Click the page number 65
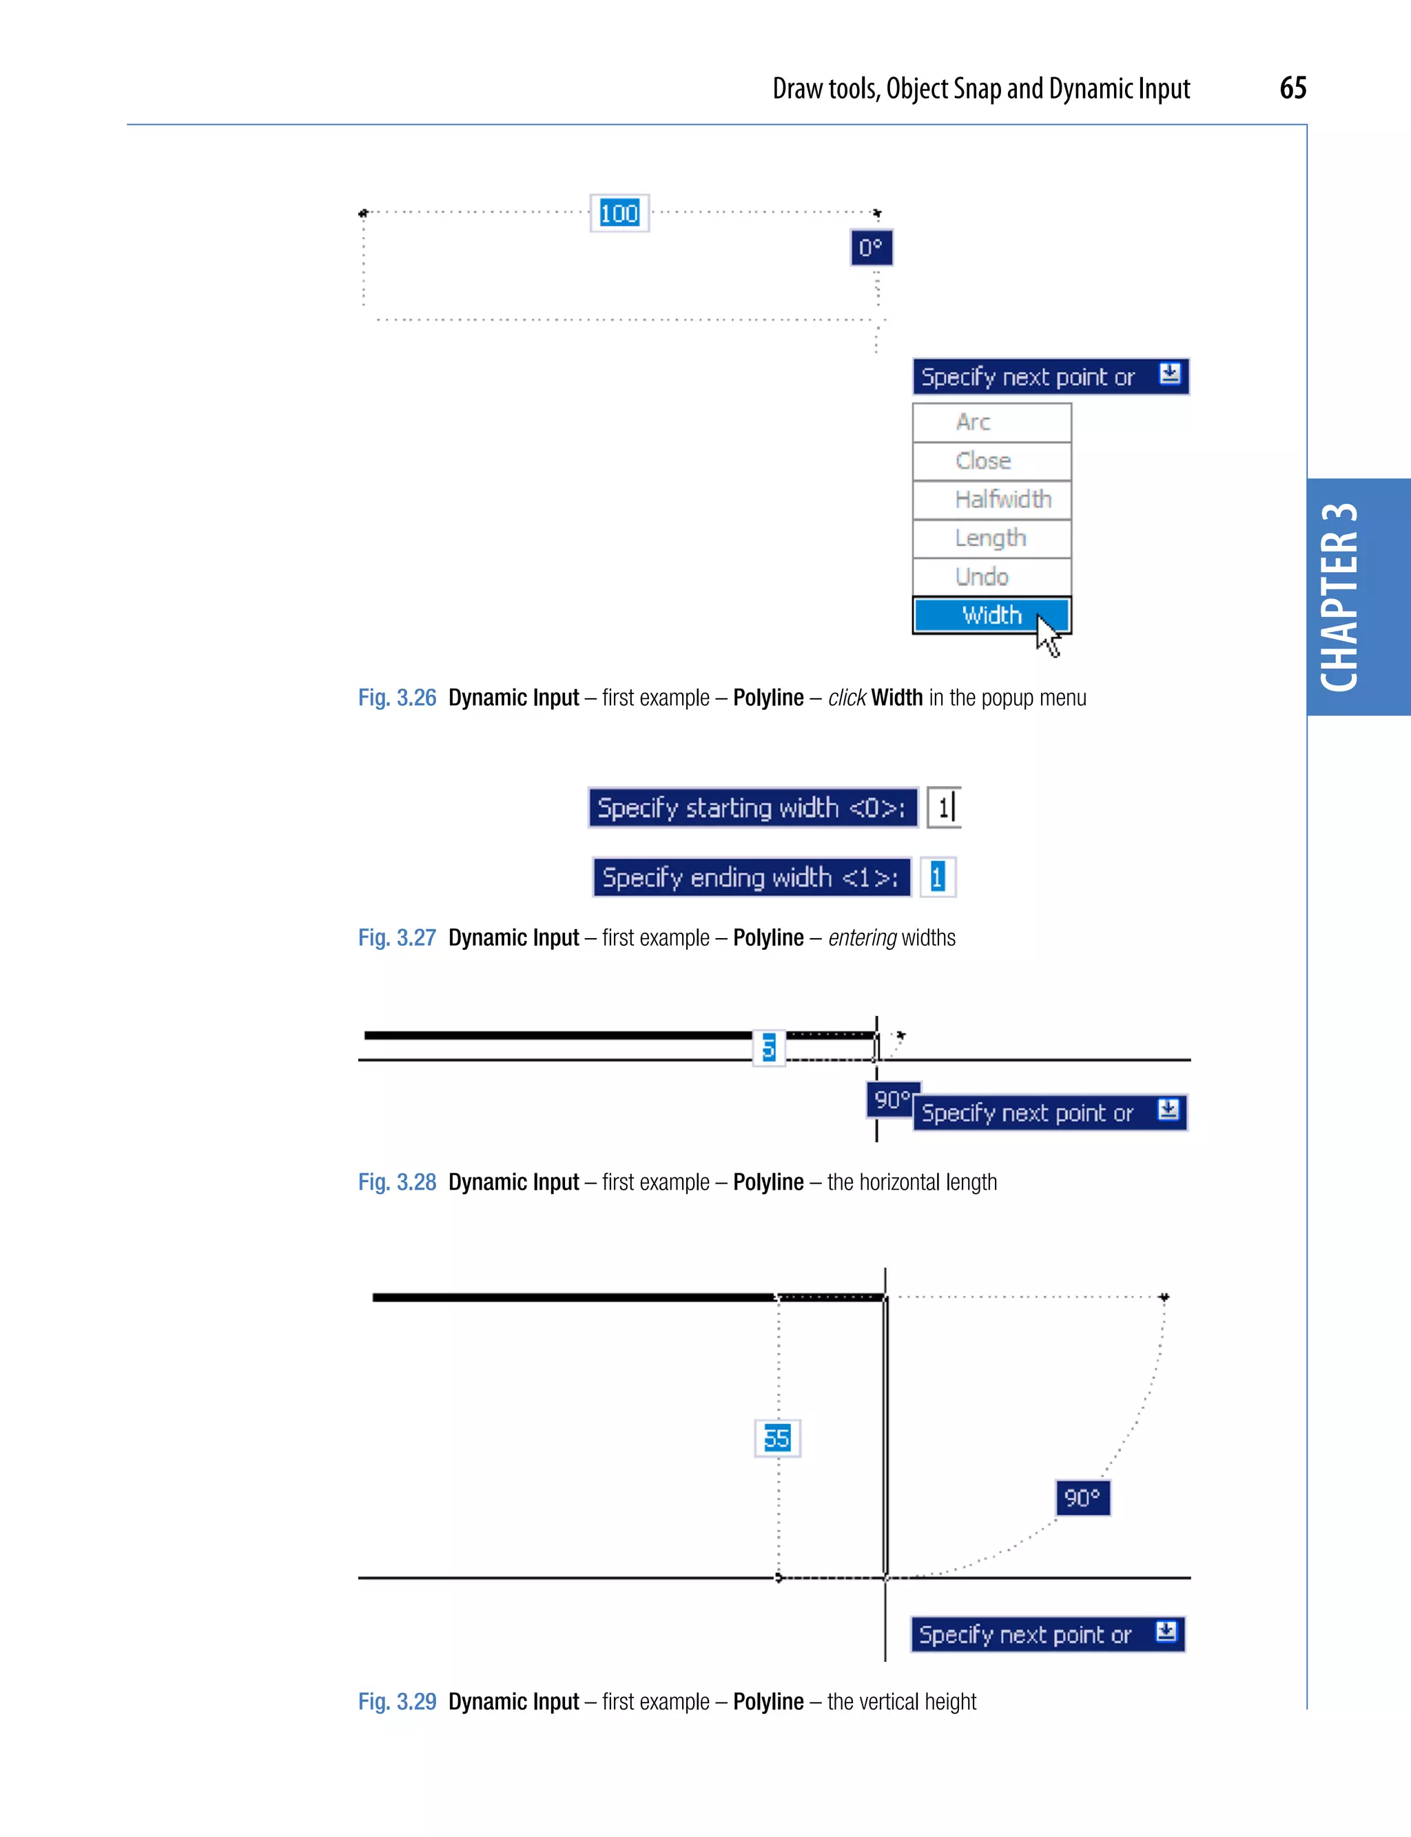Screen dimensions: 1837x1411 coord(1292,88)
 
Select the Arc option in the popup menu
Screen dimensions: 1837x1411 coord(991,422)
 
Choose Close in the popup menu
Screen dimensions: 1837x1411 coord(991,460)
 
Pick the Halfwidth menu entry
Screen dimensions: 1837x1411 coord(991,499)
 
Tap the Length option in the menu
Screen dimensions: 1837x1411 coord(991,538)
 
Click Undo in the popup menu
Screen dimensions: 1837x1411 coord(991,576)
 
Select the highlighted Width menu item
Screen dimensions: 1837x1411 coord(991,615)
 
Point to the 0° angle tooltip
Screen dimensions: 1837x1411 coord(871,248)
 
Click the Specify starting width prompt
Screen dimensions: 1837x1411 coord(752,808)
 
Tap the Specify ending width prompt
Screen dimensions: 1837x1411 coord(752,877)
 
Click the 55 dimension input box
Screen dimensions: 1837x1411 coord(777,1438)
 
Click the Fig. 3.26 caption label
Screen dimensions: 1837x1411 coord(398,698)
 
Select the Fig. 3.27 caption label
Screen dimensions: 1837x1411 coord(398,938)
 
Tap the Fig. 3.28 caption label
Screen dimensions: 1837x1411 coord(398,1182)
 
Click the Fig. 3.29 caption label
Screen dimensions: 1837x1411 coord(398,1702)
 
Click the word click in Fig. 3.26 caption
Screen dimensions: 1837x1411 coord(847,698)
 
